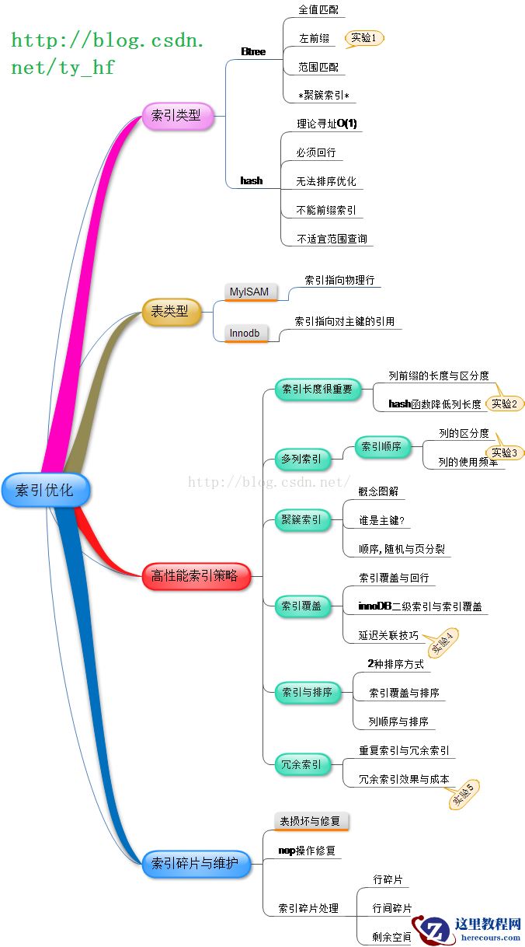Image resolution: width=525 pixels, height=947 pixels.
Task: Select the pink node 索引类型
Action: (x=176, y=116)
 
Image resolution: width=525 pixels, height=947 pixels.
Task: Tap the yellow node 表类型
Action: (x=170, y=312)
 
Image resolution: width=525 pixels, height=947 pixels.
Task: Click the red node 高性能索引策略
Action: (x=196, y=576)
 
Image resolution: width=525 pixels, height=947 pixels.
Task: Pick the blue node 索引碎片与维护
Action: (x=196, y=862)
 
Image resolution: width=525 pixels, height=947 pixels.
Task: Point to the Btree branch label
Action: (x=253, y=52)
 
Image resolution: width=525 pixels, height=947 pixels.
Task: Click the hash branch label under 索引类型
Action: (x=252, y=180)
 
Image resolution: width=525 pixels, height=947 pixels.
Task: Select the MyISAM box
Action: (x=249, y=292)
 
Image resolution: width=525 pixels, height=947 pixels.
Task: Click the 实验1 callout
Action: (x=363, y=37)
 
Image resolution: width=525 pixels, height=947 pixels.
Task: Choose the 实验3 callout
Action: (x=504, y=453)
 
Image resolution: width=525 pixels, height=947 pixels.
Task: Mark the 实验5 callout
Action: (x=463, y=792)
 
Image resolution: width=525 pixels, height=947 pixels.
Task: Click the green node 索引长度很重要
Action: (x=317, y=389)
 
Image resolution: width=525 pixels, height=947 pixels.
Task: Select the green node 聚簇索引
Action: (x=301, y=519)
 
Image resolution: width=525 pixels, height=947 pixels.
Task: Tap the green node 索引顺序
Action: (x=382, y=447)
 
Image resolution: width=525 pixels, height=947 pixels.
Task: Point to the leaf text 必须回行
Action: (x=316, y=152)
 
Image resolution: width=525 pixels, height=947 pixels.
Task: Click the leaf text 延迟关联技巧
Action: (x=388, y=635)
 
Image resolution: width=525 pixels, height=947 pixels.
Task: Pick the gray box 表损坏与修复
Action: (x=309, y=821)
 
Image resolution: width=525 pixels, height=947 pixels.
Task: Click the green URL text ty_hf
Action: (x=85, y=68)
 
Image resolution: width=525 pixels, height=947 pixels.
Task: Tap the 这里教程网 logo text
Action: (x=488, y=924)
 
